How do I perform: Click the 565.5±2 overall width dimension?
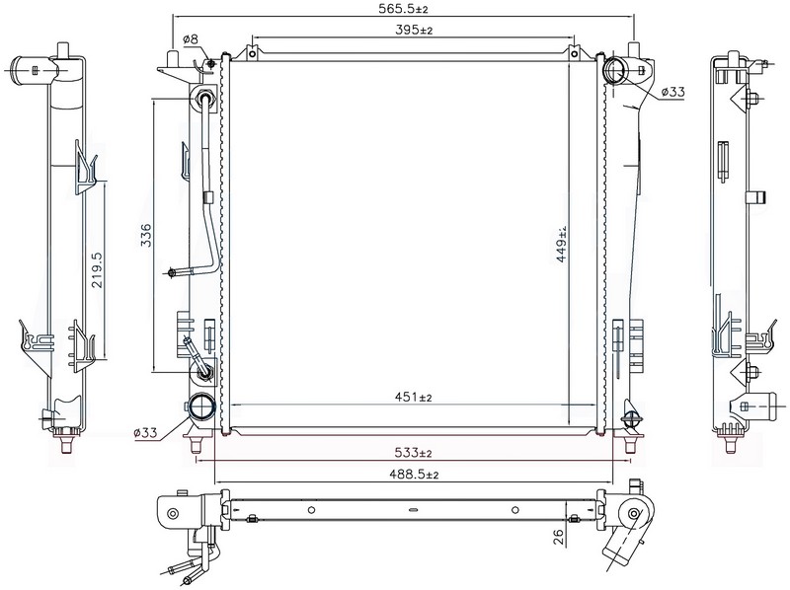(x=403, y=9)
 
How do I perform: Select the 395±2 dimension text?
(x=414, y=30)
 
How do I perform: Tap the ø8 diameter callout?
(x=191, y=38)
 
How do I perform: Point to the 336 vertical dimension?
(x=145, y=235)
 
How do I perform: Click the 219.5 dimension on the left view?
(x=97, y=269)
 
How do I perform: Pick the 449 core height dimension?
(x=562, y=244)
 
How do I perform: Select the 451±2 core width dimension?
(x=413, y=398)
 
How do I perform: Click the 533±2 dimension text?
(x=413, y=453)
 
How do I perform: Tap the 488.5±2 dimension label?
(x=414, y=475)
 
